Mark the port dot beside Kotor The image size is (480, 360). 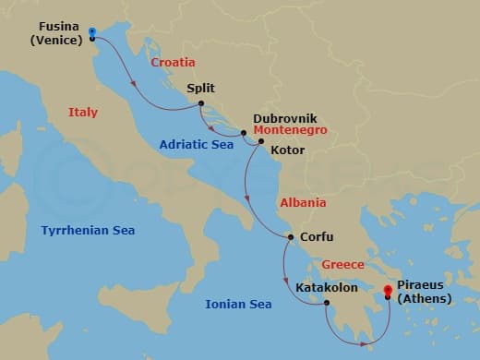pos(260,141)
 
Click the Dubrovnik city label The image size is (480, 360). pos(285,119)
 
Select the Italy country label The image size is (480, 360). pos(83,113)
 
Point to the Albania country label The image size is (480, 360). pos(303,203)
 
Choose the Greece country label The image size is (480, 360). pos(342,265)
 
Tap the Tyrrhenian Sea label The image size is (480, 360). pos(88,231)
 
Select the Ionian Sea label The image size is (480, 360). pos(239,304)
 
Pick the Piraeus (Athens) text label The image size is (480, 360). pos(426,293)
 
